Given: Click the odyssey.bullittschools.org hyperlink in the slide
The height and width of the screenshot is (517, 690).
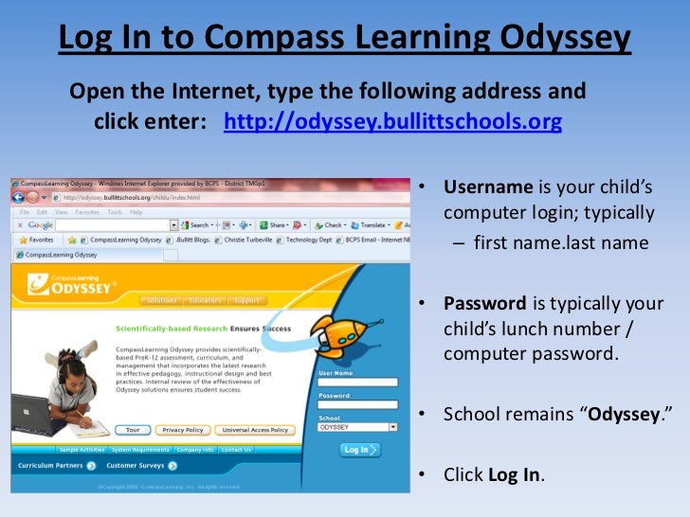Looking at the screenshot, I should coord(392,123).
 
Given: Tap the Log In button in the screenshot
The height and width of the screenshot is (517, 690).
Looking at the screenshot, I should coord(360,451).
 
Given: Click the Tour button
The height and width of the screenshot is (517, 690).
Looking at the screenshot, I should coord(133,430).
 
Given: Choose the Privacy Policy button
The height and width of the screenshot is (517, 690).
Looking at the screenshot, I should coord(182,430).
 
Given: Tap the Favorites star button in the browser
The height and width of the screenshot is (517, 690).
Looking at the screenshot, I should coord(36,241).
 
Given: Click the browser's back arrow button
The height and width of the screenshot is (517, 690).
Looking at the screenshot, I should coord(19,197).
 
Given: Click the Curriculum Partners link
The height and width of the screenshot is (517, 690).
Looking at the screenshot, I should coord(55,466).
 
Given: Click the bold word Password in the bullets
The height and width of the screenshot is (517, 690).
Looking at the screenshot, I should coord(485,304).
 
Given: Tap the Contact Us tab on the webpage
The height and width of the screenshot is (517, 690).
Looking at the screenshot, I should coord(235,450).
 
